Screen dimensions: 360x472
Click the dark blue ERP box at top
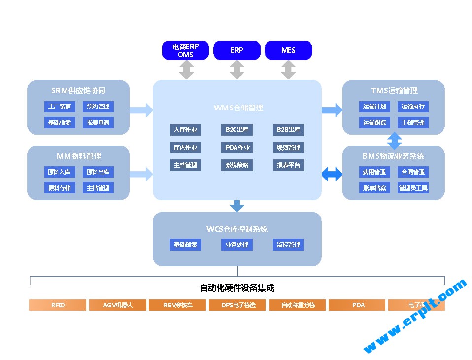coord(236,50)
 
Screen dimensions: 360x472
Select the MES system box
coord(288,50)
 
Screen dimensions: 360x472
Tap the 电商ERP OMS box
coord(185,50)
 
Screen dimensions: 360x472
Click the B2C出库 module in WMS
coord(236,130)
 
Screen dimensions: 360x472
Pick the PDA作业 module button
coord(236,147)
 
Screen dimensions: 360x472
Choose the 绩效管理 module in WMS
coord(288,147)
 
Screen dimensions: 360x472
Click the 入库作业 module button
coord(185,130)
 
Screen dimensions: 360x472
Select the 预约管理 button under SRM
coord(98,106)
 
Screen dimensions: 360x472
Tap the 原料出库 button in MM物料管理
coord(98,172)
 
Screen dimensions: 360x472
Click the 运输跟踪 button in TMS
coord(374,122)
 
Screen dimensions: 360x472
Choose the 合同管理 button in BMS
coord(413,172)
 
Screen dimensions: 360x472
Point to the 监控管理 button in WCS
coord(288,245)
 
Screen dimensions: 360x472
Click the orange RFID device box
coord(58,305)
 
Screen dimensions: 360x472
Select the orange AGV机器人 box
coord(118,305)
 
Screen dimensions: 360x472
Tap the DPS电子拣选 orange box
coord(237,305)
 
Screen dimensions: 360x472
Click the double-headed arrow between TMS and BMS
coord(394,140)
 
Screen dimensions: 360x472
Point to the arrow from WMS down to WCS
coord(237,205)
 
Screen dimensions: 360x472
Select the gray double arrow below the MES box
coord(288,70)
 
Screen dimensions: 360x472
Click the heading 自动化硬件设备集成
coord(237,288)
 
